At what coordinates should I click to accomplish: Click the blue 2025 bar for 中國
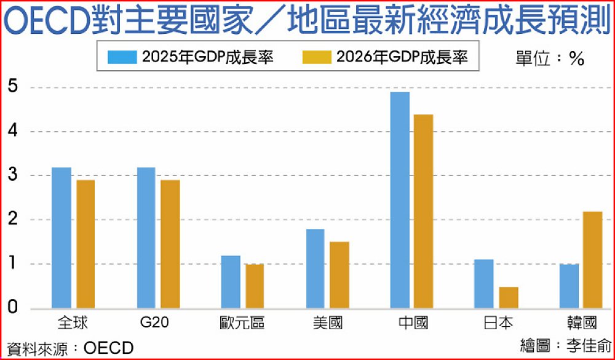click(x=400, y=200)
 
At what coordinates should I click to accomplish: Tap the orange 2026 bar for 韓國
click(x=593, y=260)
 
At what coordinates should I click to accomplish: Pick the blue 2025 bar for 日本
click(x=484, y=284)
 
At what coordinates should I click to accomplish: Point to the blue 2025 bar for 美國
click(x=315, y=268)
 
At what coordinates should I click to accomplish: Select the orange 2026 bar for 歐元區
click(x=254, y=286)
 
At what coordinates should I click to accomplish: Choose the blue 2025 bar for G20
click(x=146, y=238)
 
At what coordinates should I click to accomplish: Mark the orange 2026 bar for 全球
click(x=85, y=244)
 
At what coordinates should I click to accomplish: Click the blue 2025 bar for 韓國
click(x=569, y=286)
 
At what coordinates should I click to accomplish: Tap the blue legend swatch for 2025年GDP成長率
click(x=122, y=57)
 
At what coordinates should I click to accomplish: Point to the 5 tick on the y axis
click(x=12, y=87)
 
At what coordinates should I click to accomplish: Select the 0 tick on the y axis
click(x=12, y=308)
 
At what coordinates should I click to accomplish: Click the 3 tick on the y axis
click(x=12, y=175)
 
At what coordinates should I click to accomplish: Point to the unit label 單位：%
click(x=549, y=58)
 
